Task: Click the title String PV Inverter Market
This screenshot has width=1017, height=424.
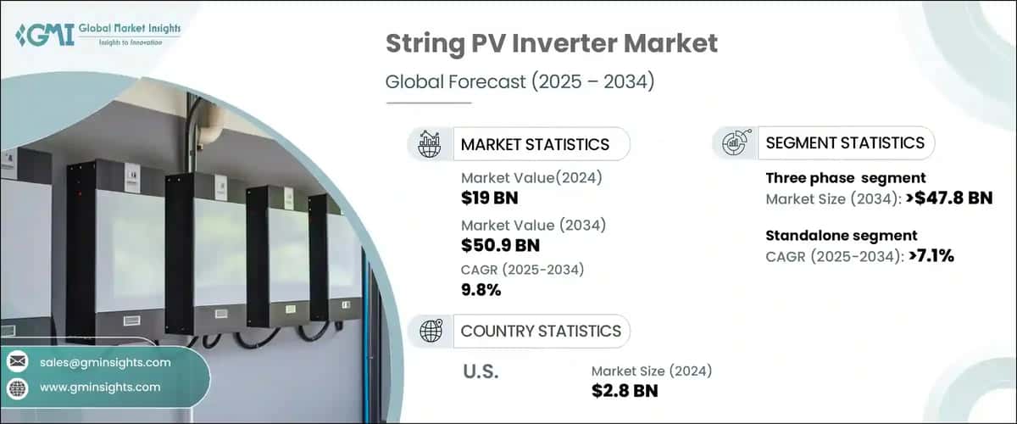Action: (x=552, y=45)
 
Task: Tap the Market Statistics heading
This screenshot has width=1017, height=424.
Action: (x=535, y=144)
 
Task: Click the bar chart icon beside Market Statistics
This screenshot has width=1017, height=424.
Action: (x=430, y=144)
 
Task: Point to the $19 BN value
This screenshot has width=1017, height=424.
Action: (x=490, y=198)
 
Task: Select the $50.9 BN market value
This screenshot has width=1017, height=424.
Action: (x=500, y=246)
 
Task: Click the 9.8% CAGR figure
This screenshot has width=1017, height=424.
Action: (x=481, y=290)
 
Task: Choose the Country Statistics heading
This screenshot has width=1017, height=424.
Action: (x=541, y=331)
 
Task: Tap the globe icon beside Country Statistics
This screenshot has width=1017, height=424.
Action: (x=431, y=332)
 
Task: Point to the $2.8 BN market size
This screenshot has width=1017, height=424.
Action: (x=625, y=390)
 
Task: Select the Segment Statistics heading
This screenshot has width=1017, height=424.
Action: (x=845, y=142)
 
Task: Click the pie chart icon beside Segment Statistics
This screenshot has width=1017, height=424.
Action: (x=734, y=142)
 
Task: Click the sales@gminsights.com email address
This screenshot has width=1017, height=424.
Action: (x=105, y=362)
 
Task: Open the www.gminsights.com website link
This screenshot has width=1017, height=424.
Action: (x=100, y=387)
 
